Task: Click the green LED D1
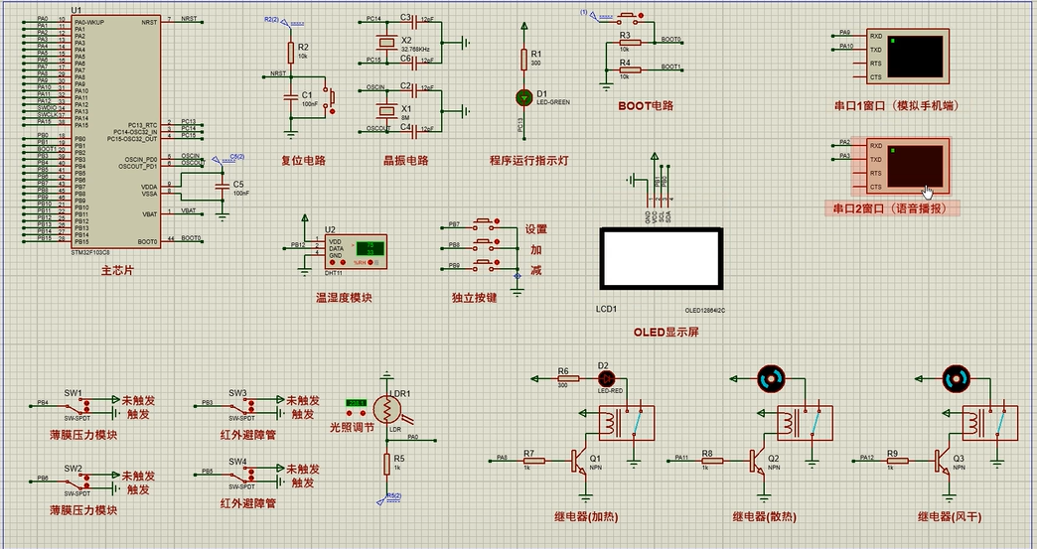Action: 523,97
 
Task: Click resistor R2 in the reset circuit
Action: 290,52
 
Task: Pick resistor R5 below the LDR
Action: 385,462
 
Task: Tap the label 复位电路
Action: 303,161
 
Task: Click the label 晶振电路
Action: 405,161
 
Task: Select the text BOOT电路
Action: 646,105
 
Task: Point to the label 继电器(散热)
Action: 764,516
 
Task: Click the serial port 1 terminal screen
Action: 916,57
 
